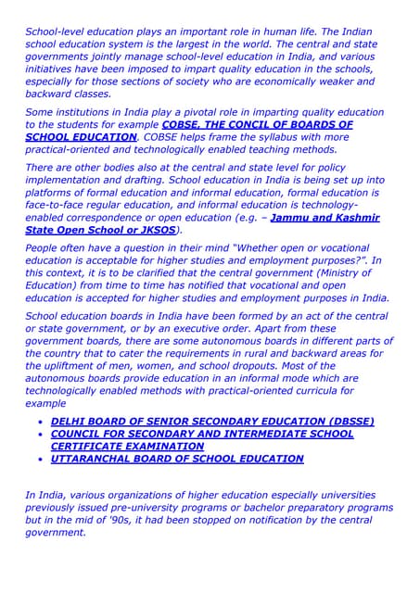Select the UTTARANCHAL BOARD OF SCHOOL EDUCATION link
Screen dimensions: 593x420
[177, 459]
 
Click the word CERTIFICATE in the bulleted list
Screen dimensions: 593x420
[89, 446]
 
